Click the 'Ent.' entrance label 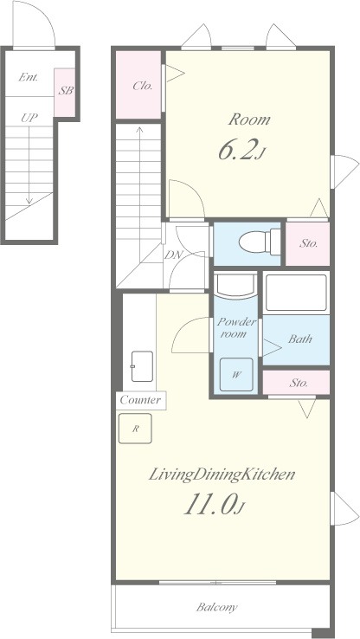(29, 77)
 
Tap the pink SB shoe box (65, 92)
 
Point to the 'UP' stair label (29, 118)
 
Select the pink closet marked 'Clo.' (138, 85)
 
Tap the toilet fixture (260, 242)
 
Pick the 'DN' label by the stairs (174, 255)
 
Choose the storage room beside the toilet (307, 243)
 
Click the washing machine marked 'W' (236, 375)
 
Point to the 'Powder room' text (236, 327)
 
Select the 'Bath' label (300, 339)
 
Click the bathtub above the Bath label (296, 293)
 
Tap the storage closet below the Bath (296, 383)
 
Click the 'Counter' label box (141, 400)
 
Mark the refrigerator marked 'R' (135, 429)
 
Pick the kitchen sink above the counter (142, 366)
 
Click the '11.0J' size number (215, 505)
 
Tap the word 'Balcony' (216, 608)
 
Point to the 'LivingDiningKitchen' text (222, 474)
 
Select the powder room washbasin (235, 285)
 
